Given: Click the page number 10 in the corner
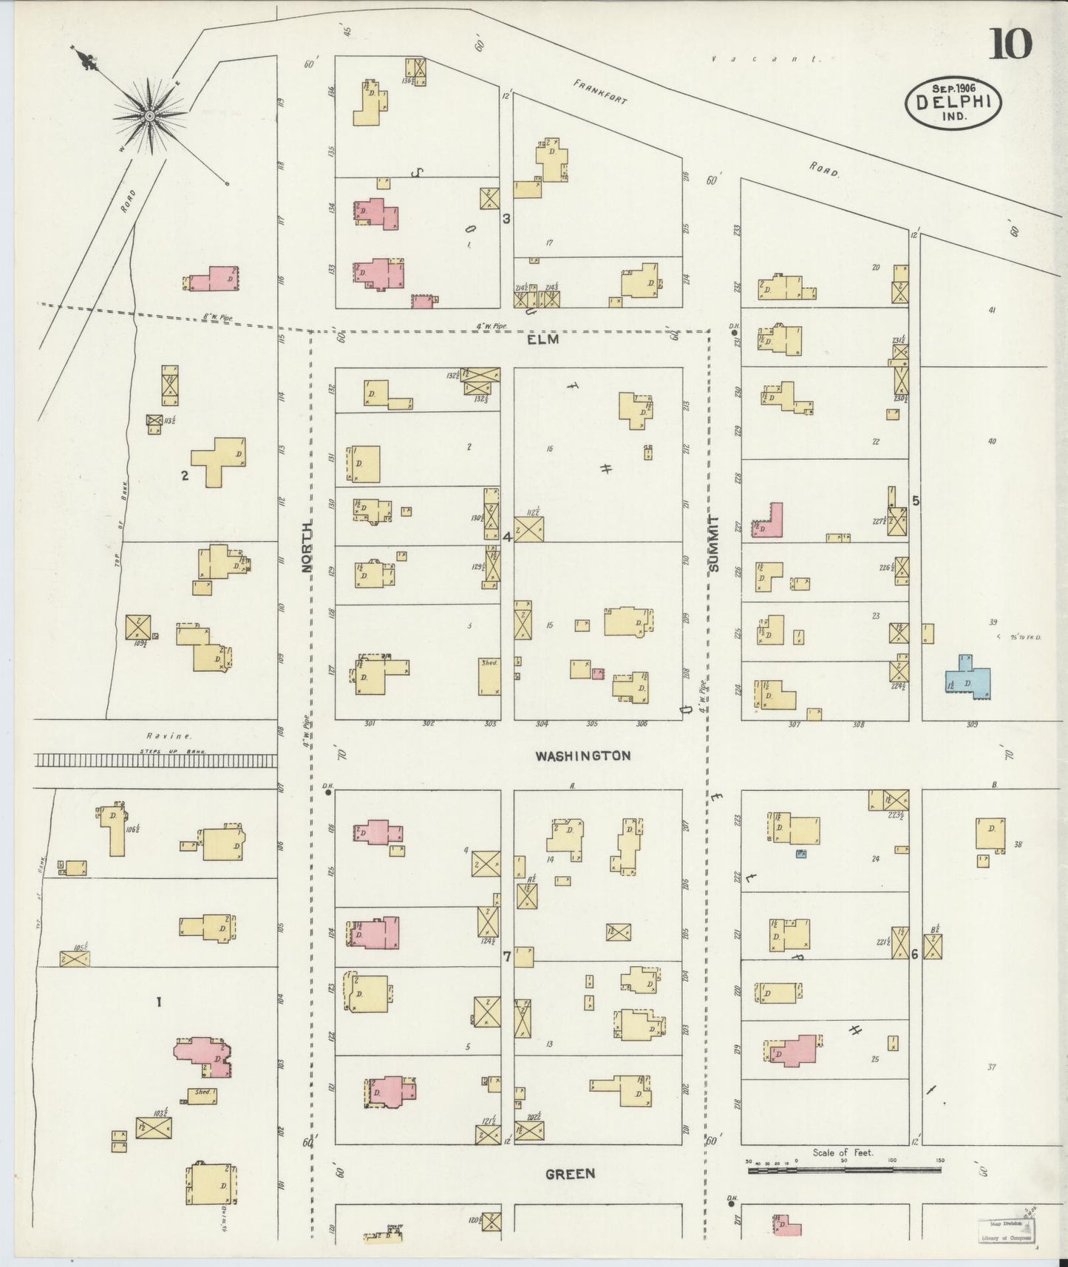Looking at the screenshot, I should coord(1010,45).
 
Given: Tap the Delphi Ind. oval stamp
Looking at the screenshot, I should coord(953,103).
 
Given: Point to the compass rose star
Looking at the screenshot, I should coord(149,115).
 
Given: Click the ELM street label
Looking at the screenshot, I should coord(542,340).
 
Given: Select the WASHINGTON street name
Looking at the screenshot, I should coord(583,755).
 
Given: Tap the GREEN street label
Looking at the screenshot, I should coord(570,1174).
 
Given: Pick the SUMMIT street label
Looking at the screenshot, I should coord(712,544).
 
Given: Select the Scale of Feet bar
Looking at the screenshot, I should coord(843,1169).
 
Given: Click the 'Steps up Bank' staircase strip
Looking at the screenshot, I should coord(156,760).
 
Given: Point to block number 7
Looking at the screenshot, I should coord(507,957).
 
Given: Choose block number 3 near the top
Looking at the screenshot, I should coord(506,219).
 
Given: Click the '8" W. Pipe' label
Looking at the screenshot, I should coord(217,319).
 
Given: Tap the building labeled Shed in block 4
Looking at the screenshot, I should coord(489,676).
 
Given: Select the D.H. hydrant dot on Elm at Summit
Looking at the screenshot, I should coord(734,333).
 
